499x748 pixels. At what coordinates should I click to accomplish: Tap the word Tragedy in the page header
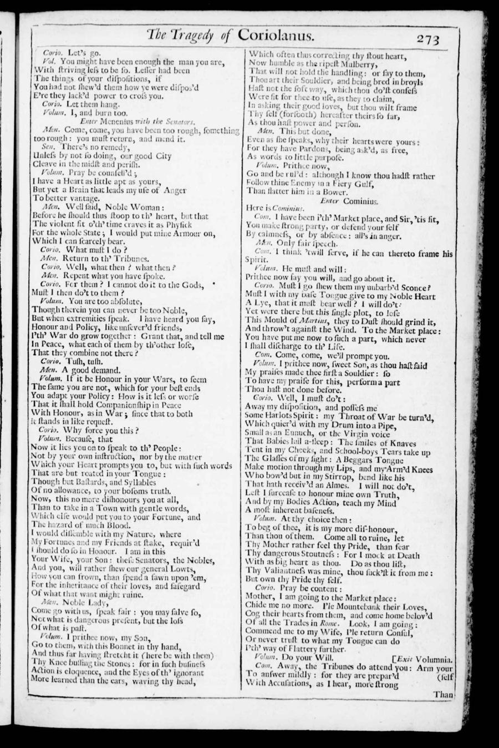click(x=191, y=36)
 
